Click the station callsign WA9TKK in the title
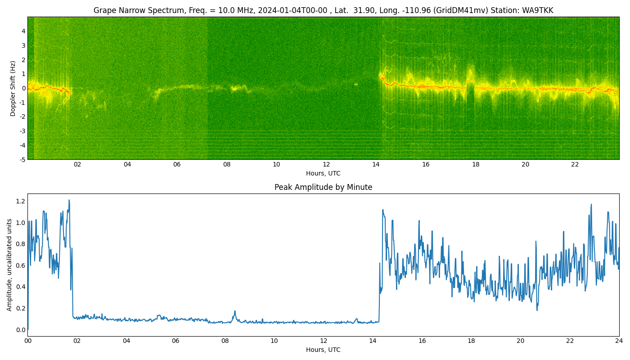(x=537, y=10)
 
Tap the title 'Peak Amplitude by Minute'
(x=323, y=187)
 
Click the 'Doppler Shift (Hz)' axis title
(x=13, y=88)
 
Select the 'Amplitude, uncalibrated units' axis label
(x=9, y=265)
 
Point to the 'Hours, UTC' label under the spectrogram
(x=323, y=173)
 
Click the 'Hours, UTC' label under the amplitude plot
(x=323, y=350)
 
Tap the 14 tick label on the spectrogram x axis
(x=376, y=164)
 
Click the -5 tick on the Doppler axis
(x=22, y=160)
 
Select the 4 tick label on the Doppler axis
(x=23, y=31)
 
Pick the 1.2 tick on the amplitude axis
(x=21, y=202)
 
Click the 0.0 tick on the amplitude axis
(x=21, y=329)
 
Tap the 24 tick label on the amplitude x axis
(x=619, y=341)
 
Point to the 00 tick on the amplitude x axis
(x=28, y=341)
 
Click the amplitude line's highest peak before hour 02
(x=69, y=200)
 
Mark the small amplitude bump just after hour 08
(x=235, y=311)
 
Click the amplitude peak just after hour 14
(x=383, y=210)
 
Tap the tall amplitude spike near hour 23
(x=591, y=204)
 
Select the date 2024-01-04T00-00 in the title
(x=292, y=10)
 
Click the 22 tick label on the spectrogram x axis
(x=575, y=164)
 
